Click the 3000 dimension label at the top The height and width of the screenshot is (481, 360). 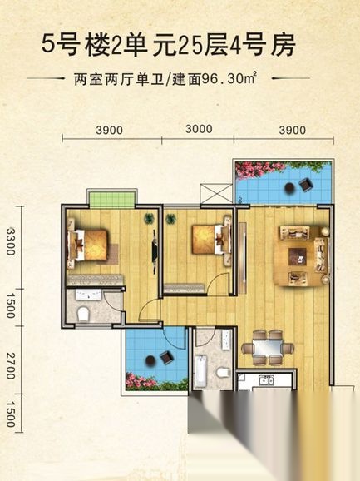(199, 129)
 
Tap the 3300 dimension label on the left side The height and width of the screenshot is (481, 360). (11, 241)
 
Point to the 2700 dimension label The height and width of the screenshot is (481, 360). (11, 365)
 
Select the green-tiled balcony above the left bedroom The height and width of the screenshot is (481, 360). (112, 200)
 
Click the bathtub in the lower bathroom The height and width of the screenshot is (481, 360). (201, 371)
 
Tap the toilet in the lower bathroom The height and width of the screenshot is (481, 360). (223, 373)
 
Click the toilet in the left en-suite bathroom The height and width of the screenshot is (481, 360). (83, 314)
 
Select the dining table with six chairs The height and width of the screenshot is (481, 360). (268, 348)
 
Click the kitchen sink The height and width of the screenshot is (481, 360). (267, 380)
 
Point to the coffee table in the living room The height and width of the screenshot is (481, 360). (297, 256)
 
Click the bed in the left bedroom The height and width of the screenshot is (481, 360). (88, 245)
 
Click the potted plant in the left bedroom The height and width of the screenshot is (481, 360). (149, 218)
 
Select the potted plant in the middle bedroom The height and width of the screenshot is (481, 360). (171, 219)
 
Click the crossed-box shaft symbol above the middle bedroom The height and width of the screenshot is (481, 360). (216, 193)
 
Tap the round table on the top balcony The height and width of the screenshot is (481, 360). (289, 187)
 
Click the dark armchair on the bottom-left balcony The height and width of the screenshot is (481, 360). (166, 357)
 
